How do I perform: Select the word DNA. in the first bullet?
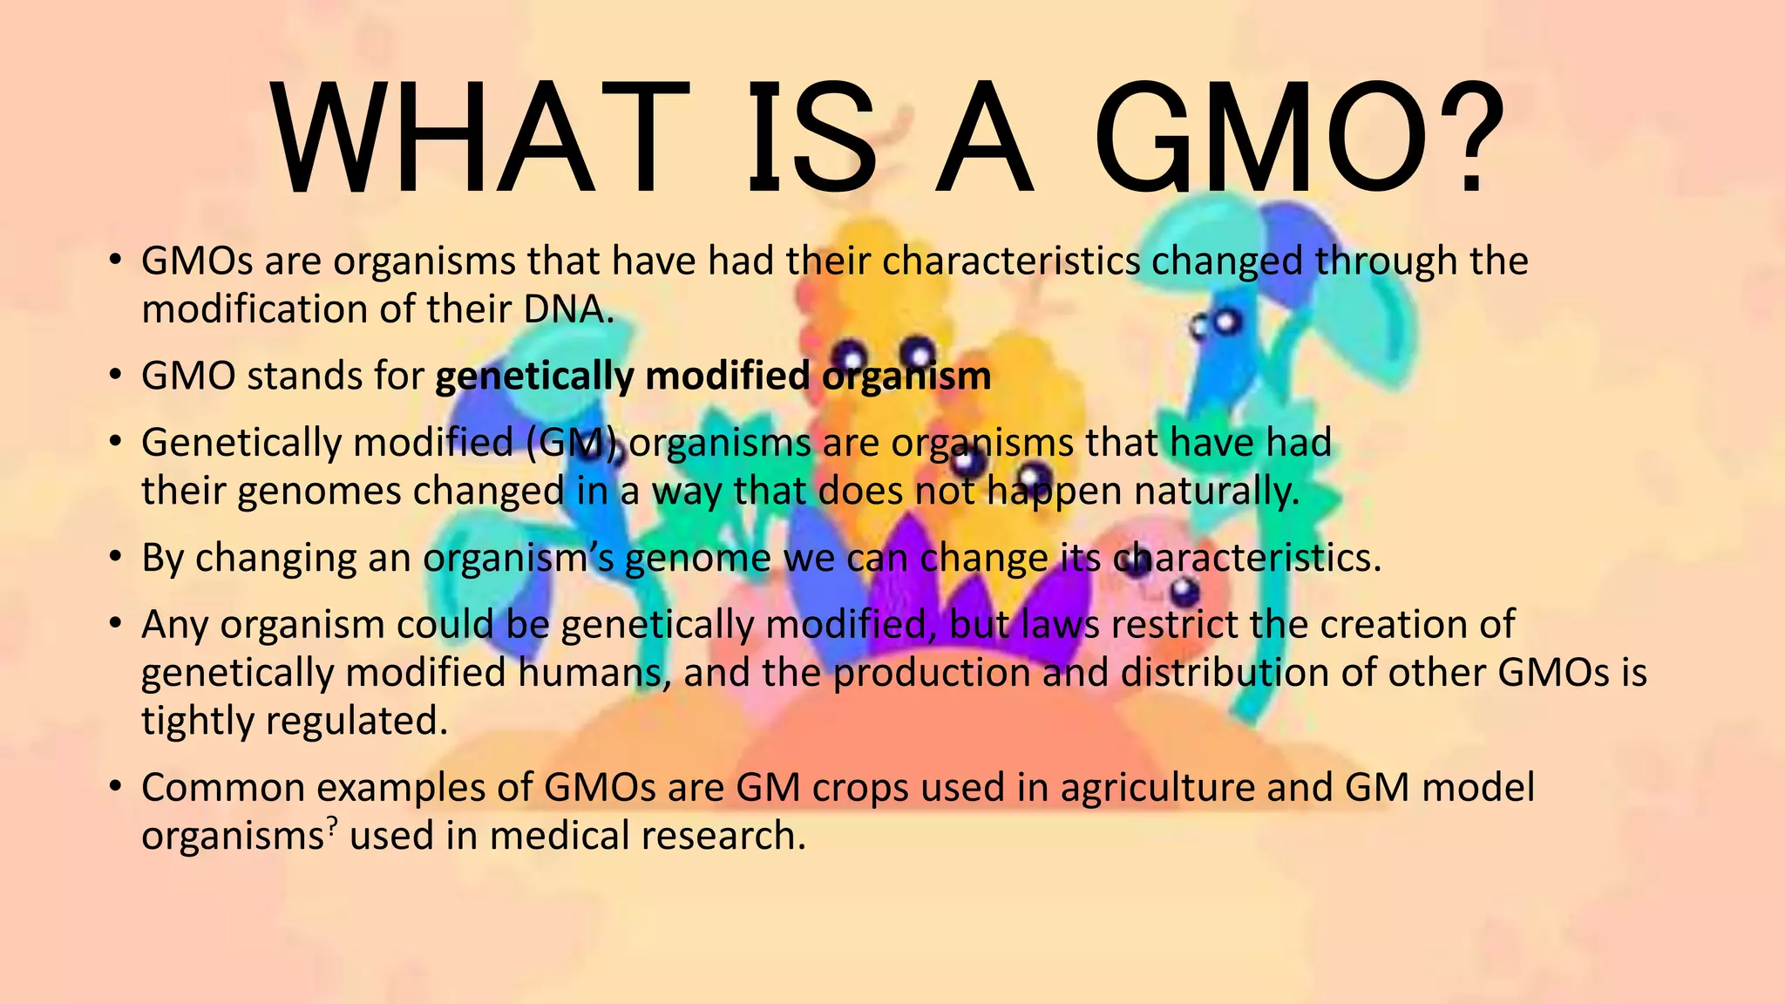569,309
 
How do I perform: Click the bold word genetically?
534,376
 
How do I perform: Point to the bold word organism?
906,376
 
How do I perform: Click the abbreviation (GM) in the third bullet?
575,443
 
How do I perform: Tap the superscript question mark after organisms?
331,826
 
